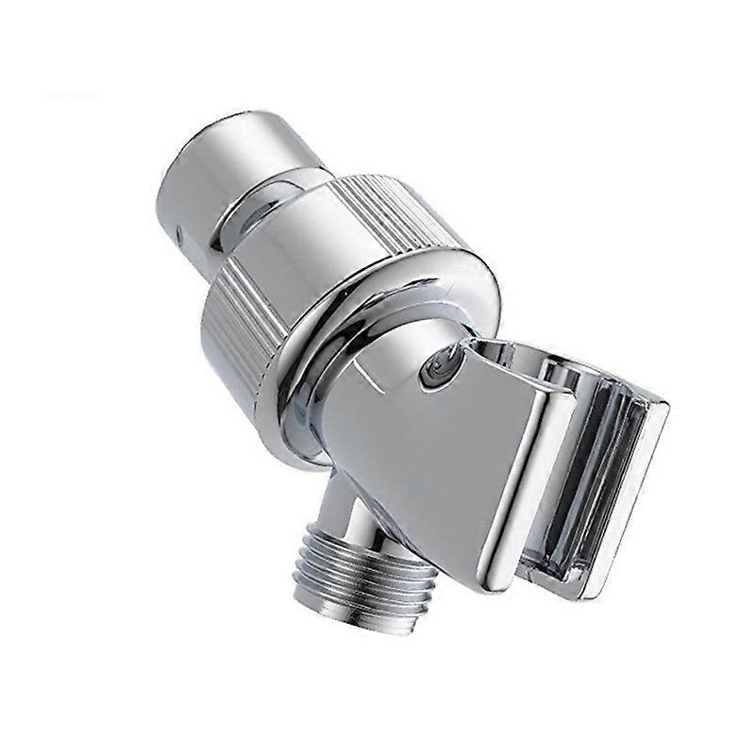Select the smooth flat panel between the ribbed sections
tap(311, 245)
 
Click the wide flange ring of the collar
tap(377, 311)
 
